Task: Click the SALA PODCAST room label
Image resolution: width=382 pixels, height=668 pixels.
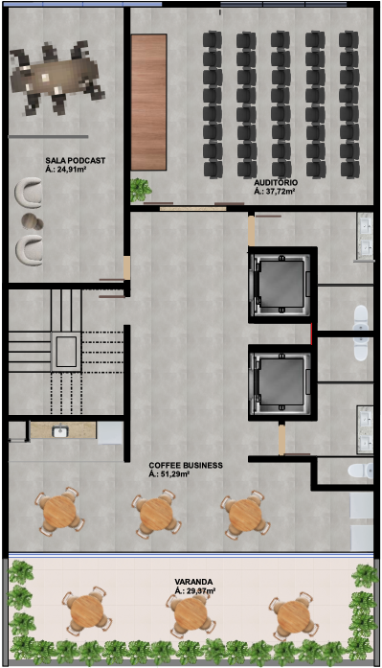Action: pyautogui.click(x=76, y=161)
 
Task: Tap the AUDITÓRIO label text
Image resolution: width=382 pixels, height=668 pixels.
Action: pyautogui.click(x=276, y=183)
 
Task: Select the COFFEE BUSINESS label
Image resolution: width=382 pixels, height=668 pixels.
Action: pyautogui.click(x=186, y=465)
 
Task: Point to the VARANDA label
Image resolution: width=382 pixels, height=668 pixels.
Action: pyautogui.click(x=193, y=582)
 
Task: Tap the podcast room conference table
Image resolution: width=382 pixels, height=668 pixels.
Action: pyautogui.click(x=55, y=78)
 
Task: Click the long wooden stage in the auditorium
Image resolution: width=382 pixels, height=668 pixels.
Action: pyautogui.click(x=148, y=103)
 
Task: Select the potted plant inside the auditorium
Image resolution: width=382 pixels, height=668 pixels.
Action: pyautogui.click(x=141, y=189)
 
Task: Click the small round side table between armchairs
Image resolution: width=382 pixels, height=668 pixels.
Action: pyautogui.click(x=33, y=221)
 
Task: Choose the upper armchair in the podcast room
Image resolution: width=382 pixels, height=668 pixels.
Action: pyautogui.click(x=29, y=193)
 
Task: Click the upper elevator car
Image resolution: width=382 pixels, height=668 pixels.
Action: pyautogui.click(x=281, y=284)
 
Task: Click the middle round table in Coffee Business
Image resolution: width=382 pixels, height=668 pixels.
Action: pyautogui.click(x=156, y=513)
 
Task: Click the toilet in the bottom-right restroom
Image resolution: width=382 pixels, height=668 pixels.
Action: pyautogui.click(x=360, y=471)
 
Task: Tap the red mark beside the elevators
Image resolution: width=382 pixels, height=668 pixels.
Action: pyautogui.click(x=312, y=334)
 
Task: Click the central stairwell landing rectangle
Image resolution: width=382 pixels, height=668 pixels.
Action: pyautogui.click(x=66, y=352)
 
